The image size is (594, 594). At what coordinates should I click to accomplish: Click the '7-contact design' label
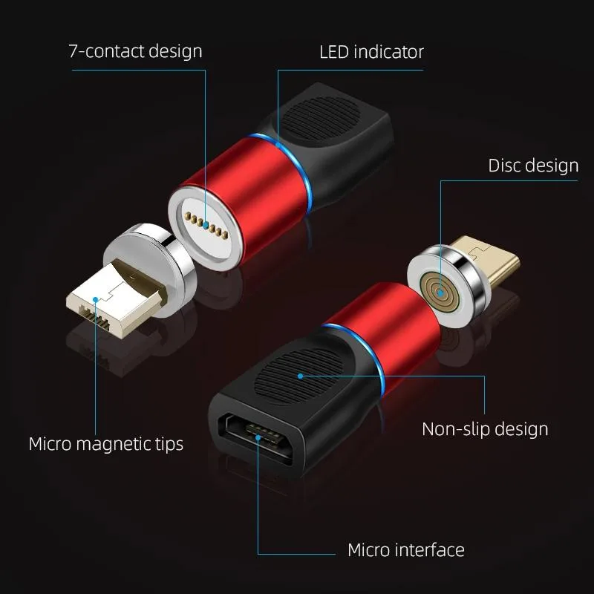(x=135, y=51)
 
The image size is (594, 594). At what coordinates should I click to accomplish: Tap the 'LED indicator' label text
(x=371, y=52)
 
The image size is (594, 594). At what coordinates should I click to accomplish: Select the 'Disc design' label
(x=533, y=166)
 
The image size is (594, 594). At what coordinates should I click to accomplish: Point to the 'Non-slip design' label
(x=485, y=429)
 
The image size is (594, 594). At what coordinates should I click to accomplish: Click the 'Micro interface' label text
(x=406, y=549)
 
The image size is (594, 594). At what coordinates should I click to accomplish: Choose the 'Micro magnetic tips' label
(x=106, y=444)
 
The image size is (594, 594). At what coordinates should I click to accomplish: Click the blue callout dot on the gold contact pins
(x=206, y=226)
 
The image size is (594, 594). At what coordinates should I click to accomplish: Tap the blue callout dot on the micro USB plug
(x=96, y=299)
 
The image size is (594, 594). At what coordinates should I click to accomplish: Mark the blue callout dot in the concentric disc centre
(x=440, y=292)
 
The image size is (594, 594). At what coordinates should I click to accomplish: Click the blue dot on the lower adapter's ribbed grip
(x=301, y=376)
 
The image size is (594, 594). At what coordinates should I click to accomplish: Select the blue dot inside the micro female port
(x=258, y=437)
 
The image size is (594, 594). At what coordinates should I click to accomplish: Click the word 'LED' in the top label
(x=334, y=52)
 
